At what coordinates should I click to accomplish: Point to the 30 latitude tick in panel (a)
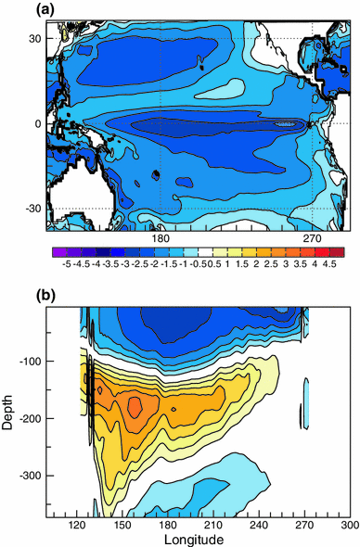tap(37, 38)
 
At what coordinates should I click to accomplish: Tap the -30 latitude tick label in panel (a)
tap(35, 209)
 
